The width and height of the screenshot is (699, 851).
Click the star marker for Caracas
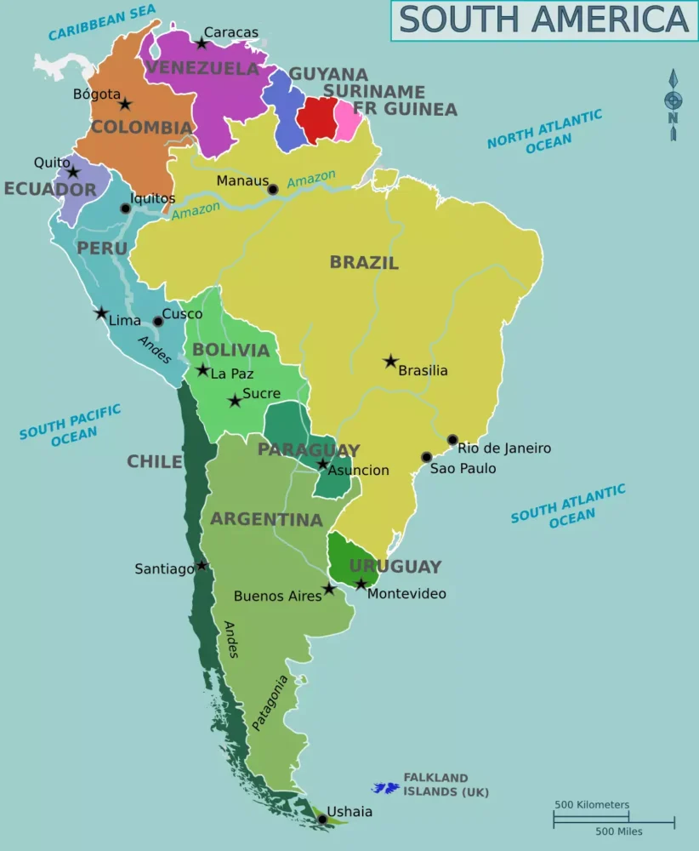202,43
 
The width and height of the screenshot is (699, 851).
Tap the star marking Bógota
125,104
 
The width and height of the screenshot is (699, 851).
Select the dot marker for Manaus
272,189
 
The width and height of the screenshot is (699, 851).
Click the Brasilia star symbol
390,362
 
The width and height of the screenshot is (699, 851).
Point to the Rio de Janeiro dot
452,440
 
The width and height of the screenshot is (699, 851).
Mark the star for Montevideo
361,584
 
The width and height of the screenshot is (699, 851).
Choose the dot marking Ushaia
322,820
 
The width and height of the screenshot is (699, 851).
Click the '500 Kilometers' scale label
592,804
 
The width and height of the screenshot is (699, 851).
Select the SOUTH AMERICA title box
543,20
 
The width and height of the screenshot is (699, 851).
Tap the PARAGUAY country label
309,450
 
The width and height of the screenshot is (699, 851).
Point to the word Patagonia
270,703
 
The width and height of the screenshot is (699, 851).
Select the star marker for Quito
73,172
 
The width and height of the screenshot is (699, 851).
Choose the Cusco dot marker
157,322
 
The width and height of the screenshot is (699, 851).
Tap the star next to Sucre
235,400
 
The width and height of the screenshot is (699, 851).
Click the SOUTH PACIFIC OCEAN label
71,424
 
